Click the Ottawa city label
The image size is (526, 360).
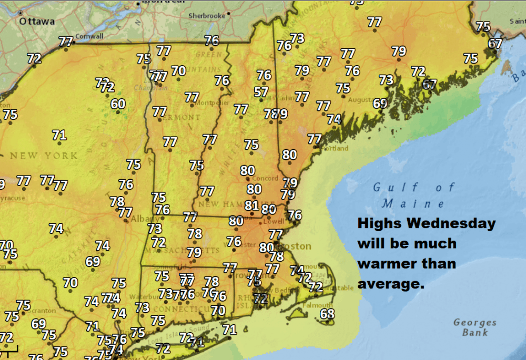[x=37, y=22]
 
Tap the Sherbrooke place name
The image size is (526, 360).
[x=207, y=16]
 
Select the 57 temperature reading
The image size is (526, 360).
[x=261, y=92]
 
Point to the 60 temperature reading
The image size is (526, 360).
[x=118, y=104]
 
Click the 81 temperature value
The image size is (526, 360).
[x=251, y=205]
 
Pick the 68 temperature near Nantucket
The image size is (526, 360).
[x=327, y=314]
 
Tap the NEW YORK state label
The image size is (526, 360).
[x=43, y=156]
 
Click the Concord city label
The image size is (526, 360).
[x=265, y=178]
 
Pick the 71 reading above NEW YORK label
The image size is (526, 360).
[x=59, y=135]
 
